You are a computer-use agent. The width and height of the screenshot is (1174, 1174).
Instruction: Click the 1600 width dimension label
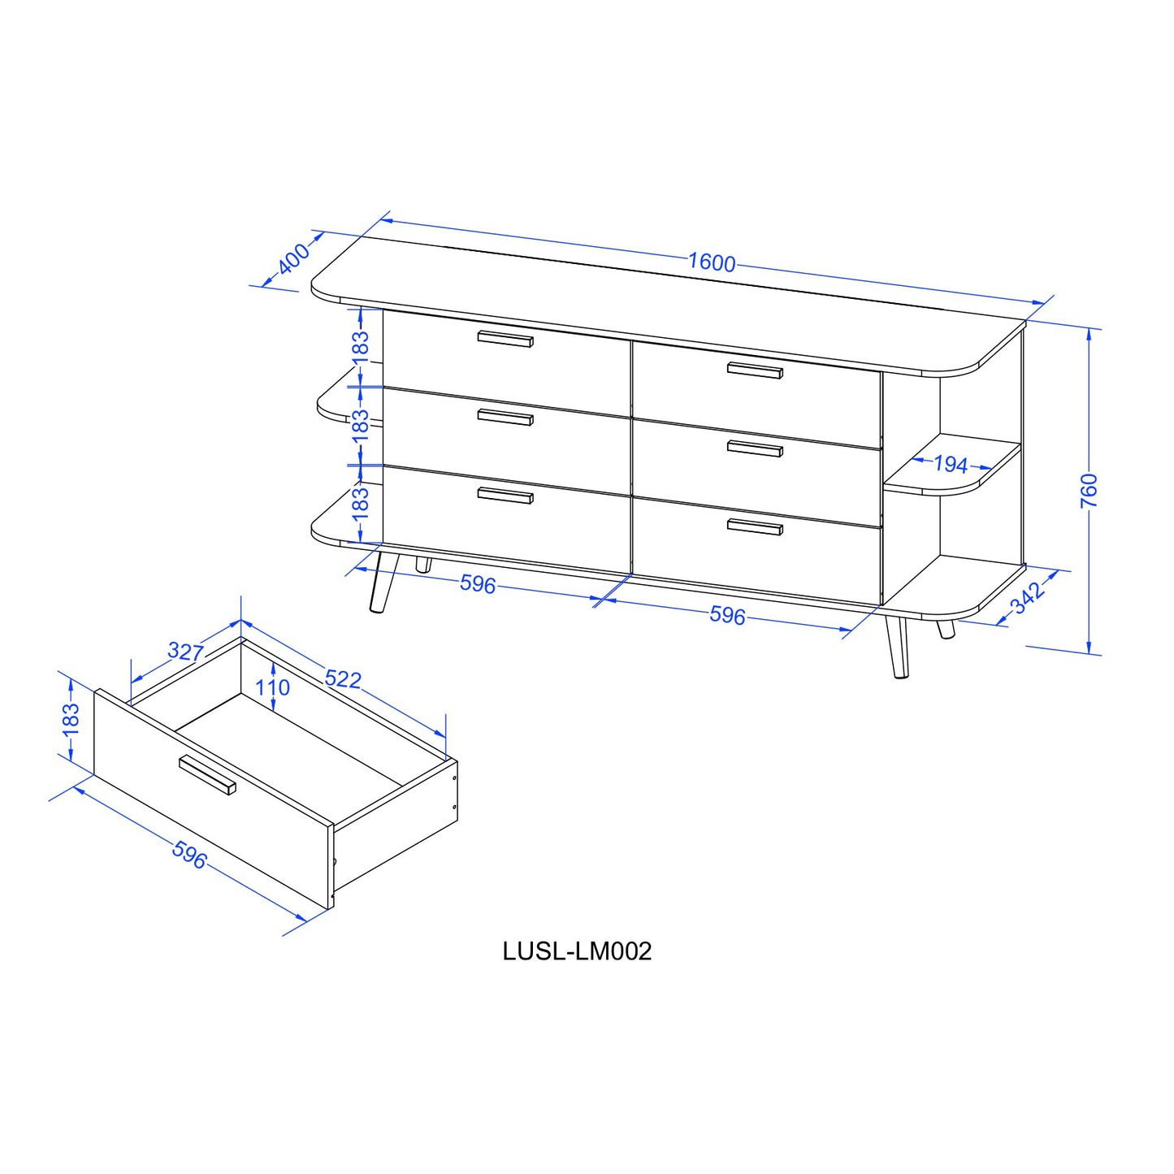click(x=712, y=262)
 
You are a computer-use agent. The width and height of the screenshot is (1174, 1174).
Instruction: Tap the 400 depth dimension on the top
click(x=294, y=258)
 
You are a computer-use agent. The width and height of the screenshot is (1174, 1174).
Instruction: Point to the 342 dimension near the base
click(x=1029, y=597)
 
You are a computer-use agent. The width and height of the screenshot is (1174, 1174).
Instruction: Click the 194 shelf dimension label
click(x=951, y=465)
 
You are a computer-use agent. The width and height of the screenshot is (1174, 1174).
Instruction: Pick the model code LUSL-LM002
click(x=577, y=951)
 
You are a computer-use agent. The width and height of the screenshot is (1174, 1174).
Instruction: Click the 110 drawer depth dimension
click(x=272, y=688)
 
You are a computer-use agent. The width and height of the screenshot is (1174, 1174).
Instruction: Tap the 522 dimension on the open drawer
click(x=343, y=678)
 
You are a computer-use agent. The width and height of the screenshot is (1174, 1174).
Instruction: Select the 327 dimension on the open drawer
click(x=185, y=652)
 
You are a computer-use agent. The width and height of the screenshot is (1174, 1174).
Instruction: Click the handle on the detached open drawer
click(x=207, y=775)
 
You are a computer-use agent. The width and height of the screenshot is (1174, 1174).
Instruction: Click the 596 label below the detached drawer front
click(x=190, y=855)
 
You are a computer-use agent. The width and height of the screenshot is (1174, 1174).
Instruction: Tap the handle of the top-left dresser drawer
click(x=505, y=340)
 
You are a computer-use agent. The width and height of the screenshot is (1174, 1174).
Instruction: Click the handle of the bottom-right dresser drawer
click(x=754, y=527)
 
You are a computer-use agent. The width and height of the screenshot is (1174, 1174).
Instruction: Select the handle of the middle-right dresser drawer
click(x=754, y=448)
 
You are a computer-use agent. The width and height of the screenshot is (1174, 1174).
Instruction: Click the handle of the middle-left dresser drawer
click(x=505, y=418)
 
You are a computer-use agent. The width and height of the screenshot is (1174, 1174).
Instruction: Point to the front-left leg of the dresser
click(x=383, y=582)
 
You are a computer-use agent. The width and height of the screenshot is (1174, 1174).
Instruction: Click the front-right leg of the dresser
click(x=898, y=647)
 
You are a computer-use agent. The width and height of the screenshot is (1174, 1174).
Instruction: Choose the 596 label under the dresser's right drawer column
click(x=727, y=615)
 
